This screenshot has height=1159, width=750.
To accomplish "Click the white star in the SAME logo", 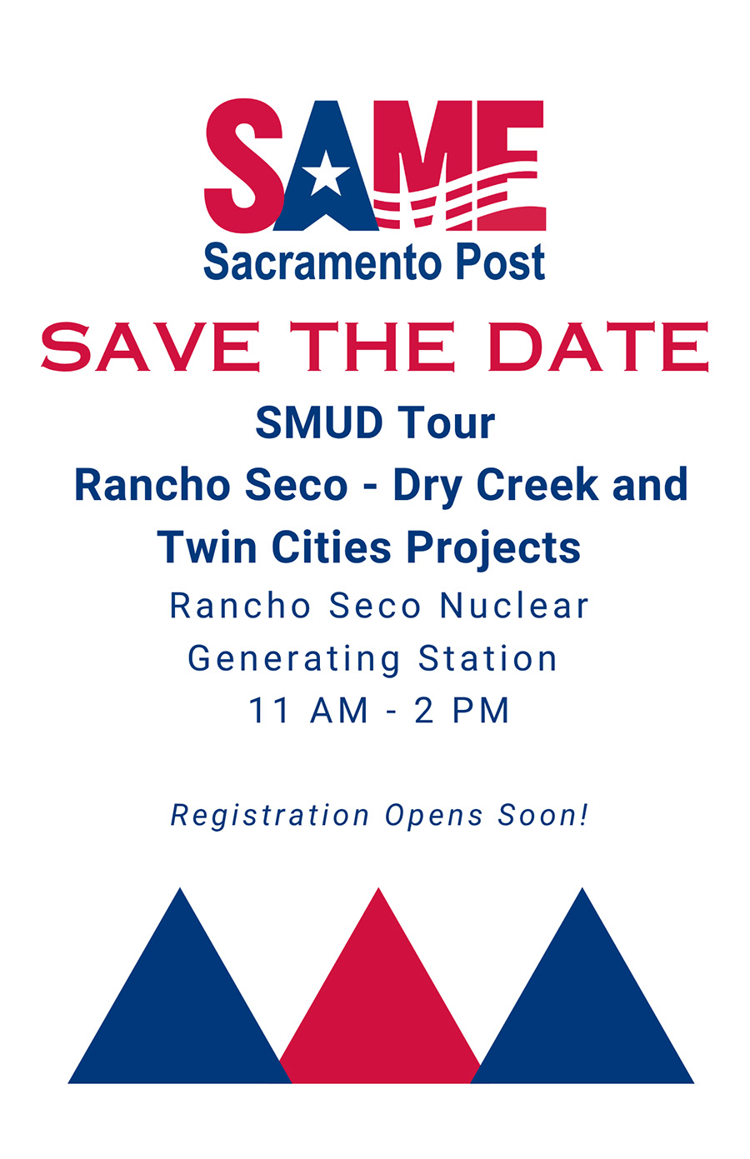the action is [326, 173].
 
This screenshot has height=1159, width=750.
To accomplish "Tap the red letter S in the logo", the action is [244, 166].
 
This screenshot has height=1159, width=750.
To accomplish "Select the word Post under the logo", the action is [501, 262].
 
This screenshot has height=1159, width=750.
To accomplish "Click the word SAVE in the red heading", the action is [151, 347].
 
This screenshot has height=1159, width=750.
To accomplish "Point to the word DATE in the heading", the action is [598, 347].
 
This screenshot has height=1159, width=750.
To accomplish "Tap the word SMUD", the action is [319, 422].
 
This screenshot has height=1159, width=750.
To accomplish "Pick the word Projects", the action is [493, 548].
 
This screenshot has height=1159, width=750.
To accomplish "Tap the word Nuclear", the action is [514, 605].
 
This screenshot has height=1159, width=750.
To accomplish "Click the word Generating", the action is [294, 659].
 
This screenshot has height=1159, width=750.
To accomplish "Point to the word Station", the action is [487, 658].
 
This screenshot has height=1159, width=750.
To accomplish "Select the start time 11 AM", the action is [308, 710].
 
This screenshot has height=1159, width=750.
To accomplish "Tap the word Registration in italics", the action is [270, 816].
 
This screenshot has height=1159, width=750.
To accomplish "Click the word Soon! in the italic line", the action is [543, 815].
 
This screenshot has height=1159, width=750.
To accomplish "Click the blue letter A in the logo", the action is [326, 171].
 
